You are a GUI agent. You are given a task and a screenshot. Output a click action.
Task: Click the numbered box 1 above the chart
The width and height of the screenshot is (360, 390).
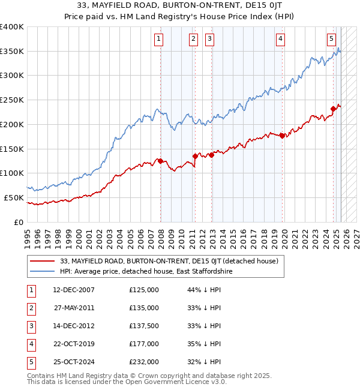click(x=158, y=40)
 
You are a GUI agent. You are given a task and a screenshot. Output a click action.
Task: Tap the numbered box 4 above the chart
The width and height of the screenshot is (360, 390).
click(x=280, y=40)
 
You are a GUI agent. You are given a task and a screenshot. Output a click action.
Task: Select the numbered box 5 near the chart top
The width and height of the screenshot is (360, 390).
click(x=332, y=40)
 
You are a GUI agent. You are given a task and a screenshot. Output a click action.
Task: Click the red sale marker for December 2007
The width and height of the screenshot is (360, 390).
click(x=160, y=161)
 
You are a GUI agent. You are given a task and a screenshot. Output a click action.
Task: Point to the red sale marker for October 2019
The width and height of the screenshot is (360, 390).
click(x=282, y=136)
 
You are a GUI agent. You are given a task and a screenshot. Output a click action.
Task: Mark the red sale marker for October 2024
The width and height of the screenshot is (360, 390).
click(x=333, y=109)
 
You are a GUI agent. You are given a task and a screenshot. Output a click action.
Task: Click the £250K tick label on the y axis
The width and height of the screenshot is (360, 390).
click(x=11, y=100)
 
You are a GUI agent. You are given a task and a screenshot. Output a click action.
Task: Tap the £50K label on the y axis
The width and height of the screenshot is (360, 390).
click(x=13, y=197)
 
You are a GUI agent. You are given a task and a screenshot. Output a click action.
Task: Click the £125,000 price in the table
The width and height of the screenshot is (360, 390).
click(x=144, y=290)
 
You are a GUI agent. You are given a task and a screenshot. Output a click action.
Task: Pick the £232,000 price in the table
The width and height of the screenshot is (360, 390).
click(x=144, y=362)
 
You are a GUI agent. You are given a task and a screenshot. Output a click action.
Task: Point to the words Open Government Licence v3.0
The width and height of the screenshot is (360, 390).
click(x=174, y=381)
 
